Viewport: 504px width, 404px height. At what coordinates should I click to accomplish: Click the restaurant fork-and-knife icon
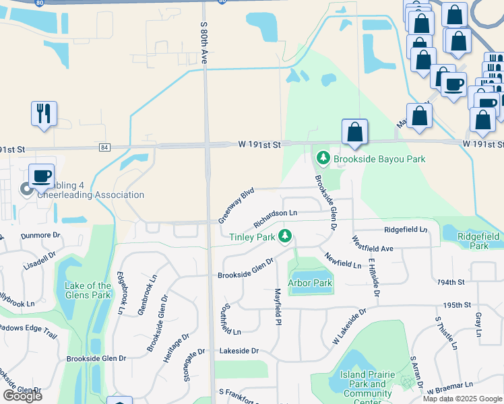pos(44,113)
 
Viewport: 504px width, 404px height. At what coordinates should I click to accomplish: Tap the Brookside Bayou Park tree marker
pos(323,159)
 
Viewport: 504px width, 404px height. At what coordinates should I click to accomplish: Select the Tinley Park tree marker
pos(285,236)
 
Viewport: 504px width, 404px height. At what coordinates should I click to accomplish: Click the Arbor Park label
pos(311,283)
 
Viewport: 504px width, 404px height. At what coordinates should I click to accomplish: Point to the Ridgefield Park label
pos(478,241)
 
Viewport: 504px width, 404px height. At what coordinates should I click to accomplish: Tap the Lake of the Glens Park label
pos(88,290)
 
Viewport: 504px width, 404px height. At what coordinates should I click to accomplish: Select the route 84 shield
pos(104,147)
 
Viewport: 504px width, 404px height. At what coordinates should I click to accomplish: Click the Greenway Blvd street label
pos(235,205)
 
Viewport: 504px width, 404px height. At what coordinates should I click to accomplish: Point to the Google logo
pos(23,396)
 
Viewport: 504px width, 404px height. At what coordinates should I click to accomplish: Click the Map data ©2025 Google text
pos(462,399)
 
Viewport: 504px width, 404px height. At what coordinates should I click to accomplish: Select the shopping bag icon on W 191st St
pos(354,132)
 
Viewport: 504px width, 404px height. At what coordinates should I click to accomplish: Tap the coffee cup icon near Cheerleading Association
pos(41,176)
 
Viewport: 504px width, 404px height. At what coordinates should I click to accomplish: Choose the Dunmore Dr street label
pos(40,236)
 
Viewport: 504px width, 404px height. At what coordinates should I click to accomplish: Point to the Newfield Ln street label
pos(343,261)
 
